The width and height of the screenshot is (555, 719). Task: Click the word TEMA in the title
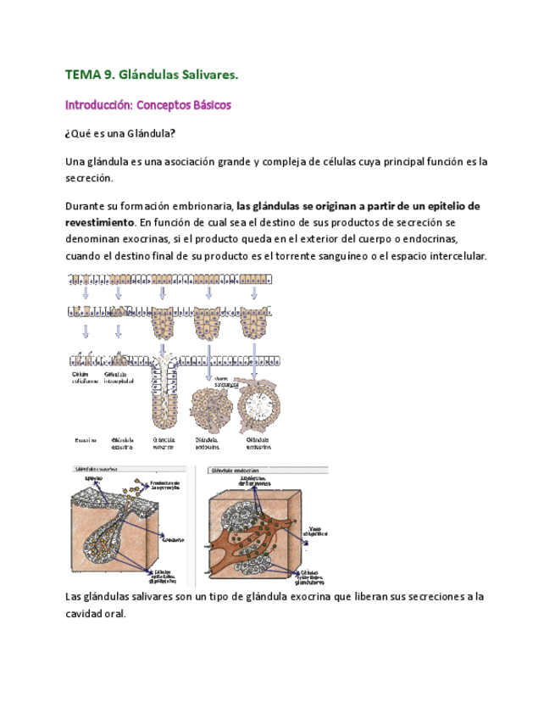[82, 75]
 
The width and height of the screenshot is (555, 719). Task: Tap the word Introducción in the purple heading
[100, 106]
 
